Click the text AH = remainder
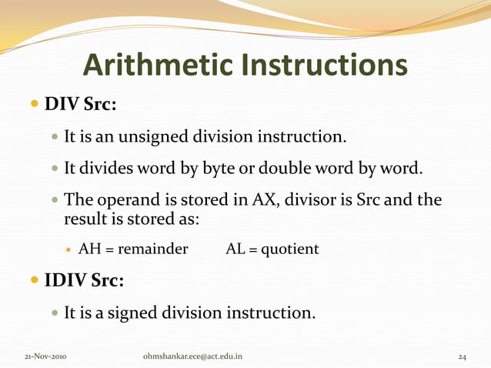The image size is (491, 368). coord(133,249)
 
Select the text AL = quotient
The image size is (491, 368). coord(272,249)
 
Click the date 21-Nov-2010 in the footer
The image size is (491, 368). coord(45,356)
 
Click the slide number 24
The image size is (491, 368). coord(463,356)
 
